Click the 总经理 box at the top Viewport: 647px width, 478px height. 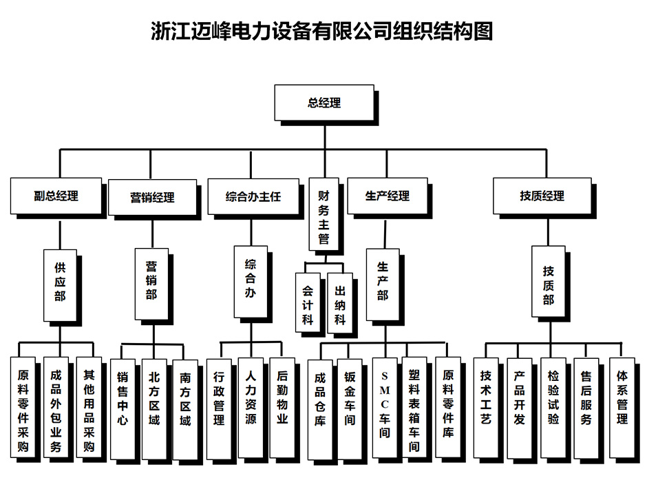pyautogui.click(x=323, y=103)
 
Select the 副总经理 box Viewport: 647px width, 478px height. pyautogui.click(x=56, y=196)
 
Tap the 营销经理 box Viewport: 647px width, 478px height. pyautogui.click(x=152, y=198)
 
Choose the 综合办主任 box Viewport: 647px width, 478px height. pyautogui.click(x=253, y=196)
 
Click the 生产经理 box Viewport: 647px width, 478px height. pyautogui.click(x=387, y=196)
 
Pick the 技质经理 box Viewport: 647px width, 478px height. pyautogui.click(x=542, y=196)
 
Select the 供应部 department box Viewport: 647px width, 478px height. pyautogui.click(x=60, y=284)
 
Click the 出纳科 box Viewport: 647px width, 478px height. pyautogui.click(x=340, y=304)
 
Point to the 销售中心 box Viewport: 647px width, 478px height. pyautogui.click(x=123, y=407)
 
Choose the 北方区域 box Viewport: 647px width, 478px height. pyautogui.click(x=154, y=407)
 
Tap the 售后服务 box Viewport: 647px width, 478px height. pyautogui.click(x=586, y=407)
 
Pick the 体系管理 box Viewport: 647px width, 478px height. pyautogui.click(x=622, y=407)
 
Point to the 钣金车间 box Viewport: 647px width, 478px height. pyautogui.click(x=350, y=407)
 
